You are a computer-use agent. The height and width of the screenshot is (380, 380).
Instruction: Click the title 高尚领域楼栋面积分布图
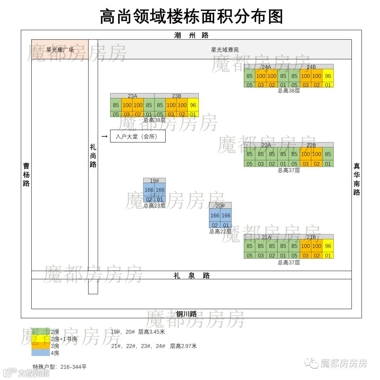pyautogui.click(x=191, y=16)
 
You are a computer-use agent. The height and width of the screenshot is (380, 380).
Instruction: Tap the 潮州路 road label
pyautogui.click(x=191, y=35)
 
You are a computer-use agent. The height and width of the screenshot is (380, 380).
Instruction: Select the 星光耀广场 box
pyautogui.click(x=60, y=50)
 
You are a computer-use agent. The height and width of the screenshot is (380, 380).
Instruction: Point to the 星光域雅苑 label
pyautogui.click(x=225, y=50)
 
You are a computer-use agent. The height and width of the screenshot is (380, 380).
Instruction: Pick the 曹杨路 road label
pyautogui.click(x=26, y=174)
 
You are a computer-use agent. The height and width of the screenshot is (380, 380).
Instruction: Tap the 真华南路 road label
pyautogui.click(x=357, y=179)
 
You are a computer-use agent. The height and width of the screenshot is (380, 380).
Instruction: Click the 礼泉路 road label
pyautogui.click(x=191, y=276)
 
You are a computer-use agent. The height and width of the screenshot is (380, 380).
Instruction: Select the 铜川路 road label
pyautogui.click(x=186, y=314)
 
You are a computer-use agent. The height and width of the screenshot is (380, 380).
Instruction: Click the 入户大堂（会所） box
pyautogui.click(x=138, y=136)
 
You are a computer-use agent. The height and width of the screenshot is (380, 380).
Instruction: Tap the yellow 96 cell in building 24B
pyautogui.click(x=328, y=76)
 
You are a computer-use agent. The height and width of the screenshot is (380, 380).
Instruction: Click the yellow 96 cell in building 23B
pyautogui.click(x=193, y=105)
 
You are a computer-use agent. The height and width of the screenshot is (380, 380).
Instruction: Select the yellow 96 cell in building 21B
pyautogui.click(x=328, y=246)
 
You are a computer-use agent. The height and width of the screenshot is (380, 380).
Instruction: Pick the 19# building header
pyautogui.click(x=154, y=180)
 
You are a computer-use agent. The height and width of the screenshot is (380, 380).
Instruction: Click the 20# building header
pyautogui.click(x=220, y=206)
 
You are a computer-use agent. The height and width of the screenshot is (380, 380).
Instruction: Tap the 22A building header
pyautogui.click(x=266, y=145)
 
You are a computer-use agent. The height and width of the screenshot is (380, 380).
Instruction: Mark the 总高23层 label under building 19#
pyautogui.click(x=154, y=206)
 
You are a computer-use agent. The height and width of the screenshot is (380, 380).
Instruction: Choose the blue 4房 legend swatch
pyautogui.click(x=40, y=353)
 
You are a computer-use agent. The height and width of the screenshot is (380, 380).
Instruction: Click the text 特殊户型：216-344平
pyautogui.click(x=59, y=367)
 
